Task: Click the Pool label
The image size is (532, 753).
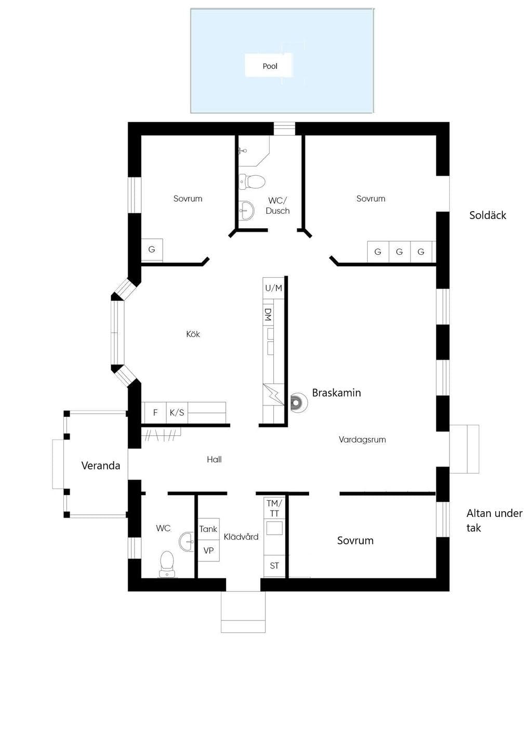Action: pos(270,66)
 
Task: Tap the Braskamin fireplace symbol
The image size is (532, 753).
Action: pos(299,403)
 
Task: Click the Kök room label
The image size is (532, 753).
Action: pos(193,334)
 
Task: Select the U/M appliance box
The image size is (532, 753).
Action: pos(274,288)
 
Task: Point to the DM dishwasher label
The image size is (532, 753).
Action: pos(268,314)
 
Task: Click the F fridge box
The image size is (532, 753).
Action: pos(155,412)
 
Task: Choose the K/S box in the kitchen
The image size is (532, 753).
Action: pos(177,412)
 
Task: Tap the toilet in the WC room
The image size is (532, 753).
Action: pos(167,564)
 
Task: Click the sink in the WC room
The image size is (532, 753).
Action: pos(187,541)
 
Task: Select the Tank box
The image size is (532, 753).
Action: pos(208,529)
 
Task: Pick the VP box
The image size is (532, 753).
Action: pos(208,551)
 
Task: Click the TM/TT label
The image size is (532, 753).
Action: pos(274,508)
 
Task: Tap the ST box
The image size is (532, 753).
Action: pos(274,566)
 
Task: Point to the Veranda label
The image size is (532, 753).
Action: pos(101,465)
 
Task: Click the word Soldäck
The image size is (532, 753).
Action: pos(488,215)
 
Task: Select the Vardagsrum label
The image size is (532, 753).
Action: pos(362,440)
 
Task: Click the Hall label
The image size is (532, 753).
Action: pos(214,460)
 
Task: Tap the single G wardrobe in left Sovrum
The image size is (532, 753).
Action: pos(152,250)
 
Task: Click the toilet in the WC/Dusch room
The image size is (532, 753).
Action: pos(252,181)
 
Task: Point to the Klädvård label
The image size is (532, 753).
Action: pos(241,537)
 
